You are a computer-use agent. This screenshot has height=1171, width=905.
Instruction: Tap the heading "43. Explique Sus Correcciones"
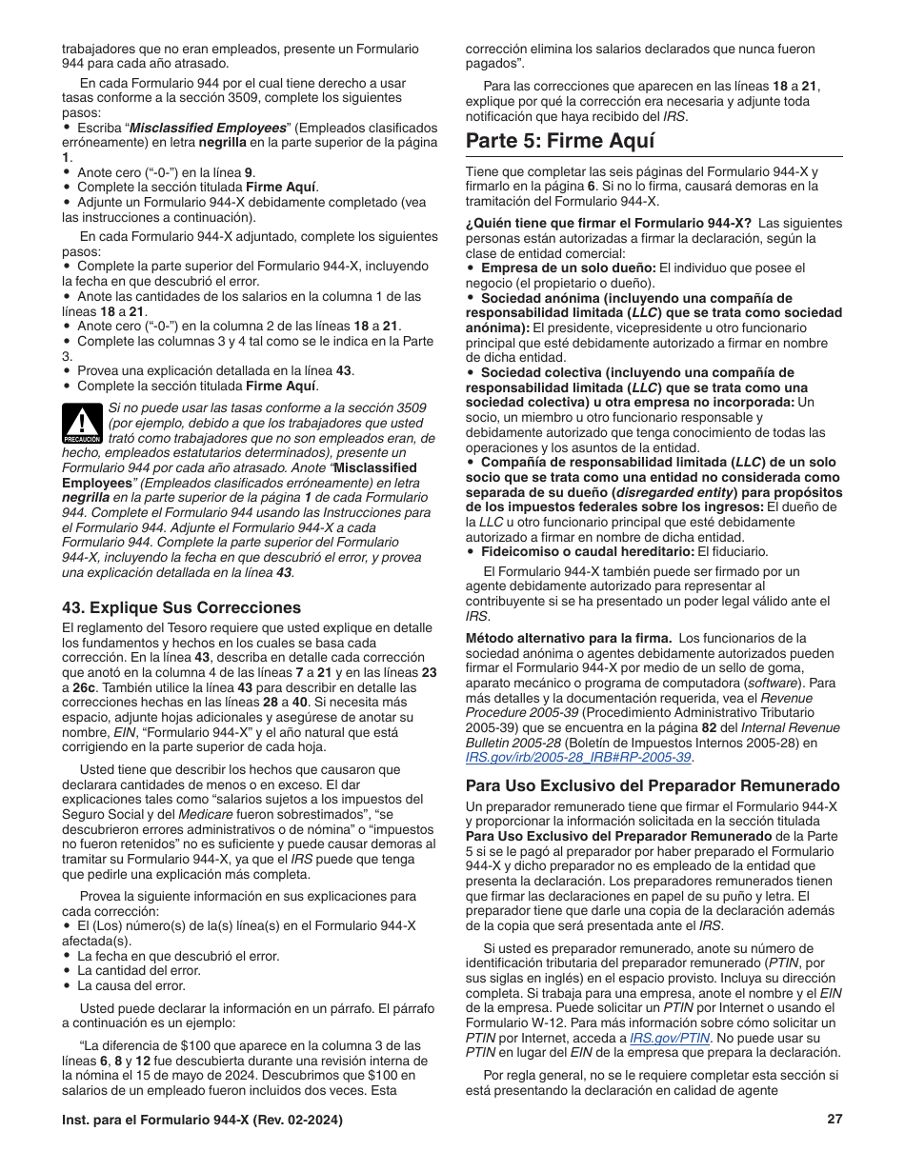pyautogui.click(x=181, y=607)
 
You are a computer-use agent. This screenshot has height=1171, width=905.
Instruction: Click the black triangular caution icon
pyautogui.click(x=82, y=425)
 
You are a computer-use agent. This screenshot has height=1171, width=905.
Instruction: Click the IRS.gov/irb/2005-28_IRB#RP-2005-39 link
pyautogui.click(x=578, y=757)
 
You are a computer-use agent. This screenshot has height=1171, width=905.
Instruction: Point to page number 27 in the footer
pyautogui.click(x=835, y=1120)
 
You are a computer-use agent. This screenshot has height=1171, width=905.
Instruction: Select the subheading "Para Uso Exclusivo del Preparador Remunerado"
pyautogui.click(x=653, y=785)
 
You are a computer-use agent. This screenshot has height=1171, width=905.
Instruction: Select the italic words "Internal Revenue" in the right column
pyautogui.click(x=788, y=726)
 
